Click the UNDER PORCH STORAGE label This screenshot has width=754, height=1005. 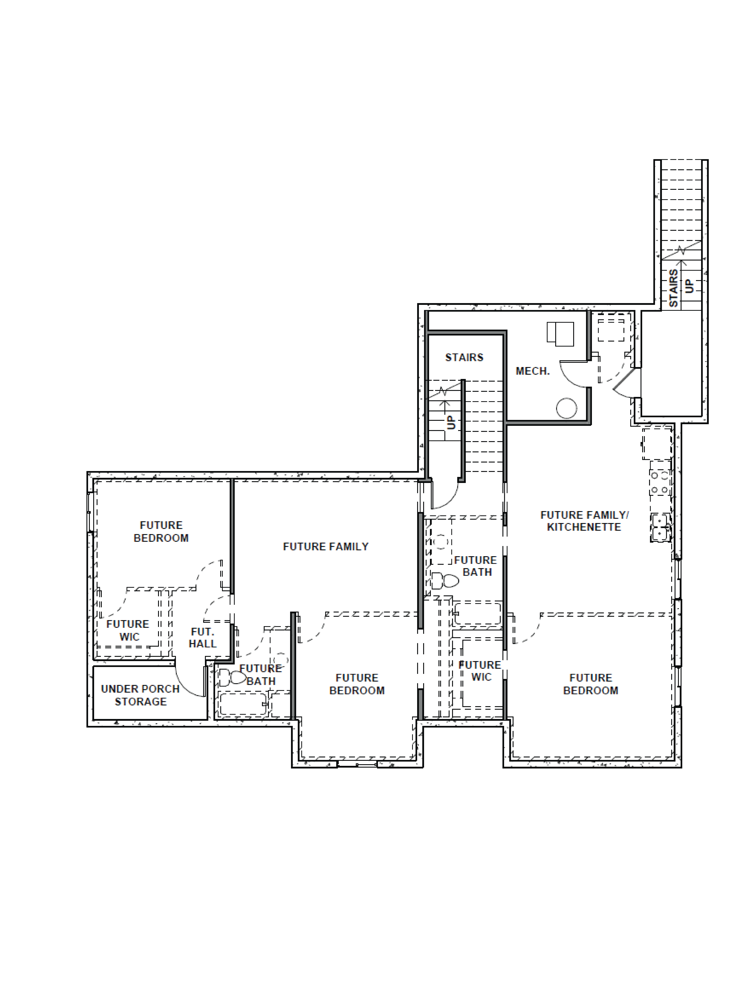pyautogui.click(x=140, y=695)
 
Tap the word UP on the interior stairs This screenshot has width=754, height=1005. pyautogui.click(x=451, y=423)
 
